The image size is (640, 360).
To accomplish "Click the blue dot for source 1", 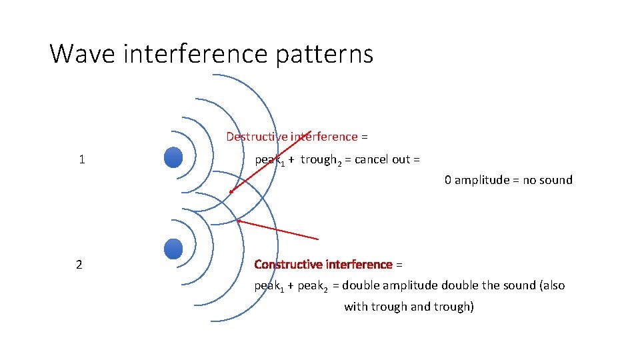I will (x=173, y=157).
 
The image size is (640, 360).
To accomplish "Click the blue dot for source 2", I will (x=173, y=249).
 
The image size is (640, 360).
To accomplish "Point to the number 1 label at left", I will (x=81, y=159).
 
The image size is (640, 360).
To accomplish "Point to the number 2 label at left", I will (x=79, y=265).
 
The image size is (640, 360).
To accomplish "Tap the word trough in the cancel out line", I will (x=317, y=160).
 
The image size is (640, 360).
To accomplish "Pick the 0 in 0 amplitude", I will (x=448, y=180).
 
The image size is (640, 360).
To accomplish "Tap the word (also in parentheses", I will (x=550, y=285).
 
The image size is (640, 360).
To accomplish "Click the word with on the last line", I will (x=355, y=307).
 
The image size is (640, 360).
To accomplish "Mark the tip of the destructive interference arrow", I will (x=230, y=192).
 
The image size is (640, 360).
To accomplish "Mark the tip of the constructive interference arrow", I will (x=238, y=221).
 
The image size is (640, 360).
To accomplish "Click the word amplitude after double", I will (x=413, y=285).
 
